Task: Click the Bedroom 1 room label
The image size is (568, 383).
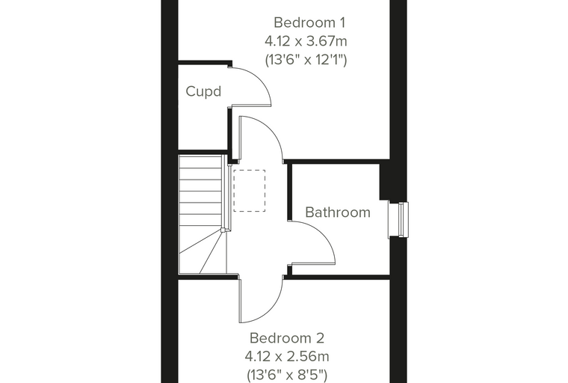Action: point(309,22)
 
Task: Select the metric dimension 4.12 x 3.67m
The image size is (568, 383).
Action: point(306,41)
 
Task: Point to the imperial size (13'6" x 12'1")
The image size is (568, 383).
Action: point(306,59)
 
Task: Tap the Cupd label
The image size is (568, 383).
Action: point(203,91)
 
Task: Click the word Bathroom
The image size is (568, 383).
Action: point(338,212)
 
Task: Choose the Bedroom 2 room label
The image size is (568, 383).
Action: point(286,338)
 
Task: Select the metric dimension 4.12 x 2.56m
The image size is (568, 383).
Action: point(287,356)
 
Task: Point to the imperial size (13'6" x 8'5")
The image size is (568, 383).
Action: point(287,374)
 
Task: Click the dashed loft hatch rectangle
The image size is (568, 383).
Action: point(249,191)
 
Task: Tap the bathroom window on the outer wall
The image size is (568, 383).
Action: point(398,220)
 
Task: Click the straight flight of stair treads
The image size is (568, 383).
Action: point(200,191)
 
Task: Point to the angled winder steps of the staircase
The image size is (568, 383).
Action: point(201,251)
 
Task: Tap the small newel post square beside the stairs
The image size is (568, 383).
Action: point(223,230)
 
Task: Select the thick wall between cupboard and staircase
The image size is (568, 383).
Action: point(203,152)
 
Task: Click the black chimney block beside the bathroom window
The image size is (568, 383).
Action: point(385,180)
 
